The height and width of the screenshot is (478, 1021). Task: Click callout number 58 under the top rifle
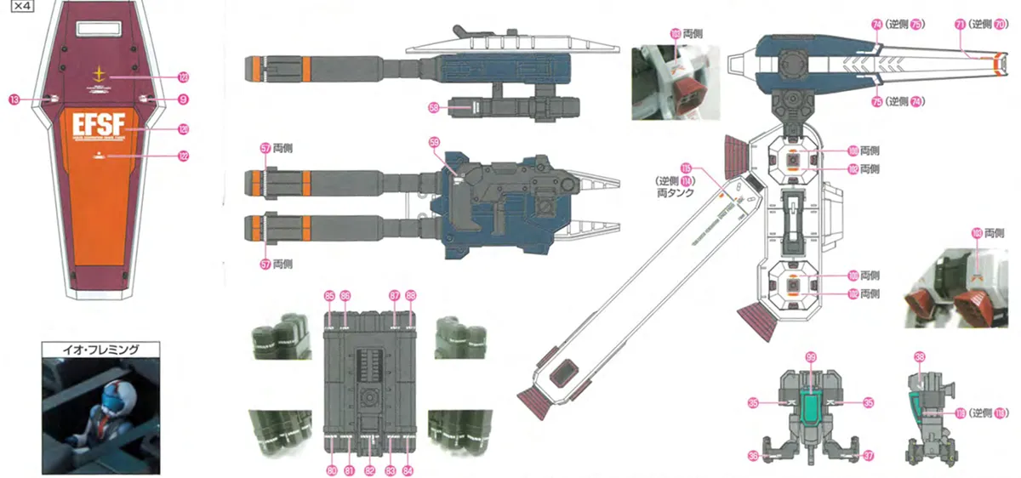coord(433,108)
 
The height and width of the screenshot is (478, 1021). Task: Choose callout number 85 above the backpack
coord(329,295)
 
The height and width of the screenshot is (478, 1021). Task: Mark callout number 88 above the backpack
coord(412,295)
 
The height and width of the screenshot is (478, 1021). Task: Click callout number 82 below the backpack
coord(369,469)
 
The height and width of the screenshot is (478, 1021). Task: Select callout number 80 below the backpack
coord(331,469)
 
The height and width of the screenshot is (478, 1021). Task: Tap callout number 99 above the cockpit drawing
coord(810,357)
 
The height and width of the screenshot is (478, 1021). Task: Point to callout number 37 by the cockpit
coord(868,456)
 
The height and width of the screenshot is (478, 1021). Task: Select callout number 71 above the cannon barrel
coord(960,25)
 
